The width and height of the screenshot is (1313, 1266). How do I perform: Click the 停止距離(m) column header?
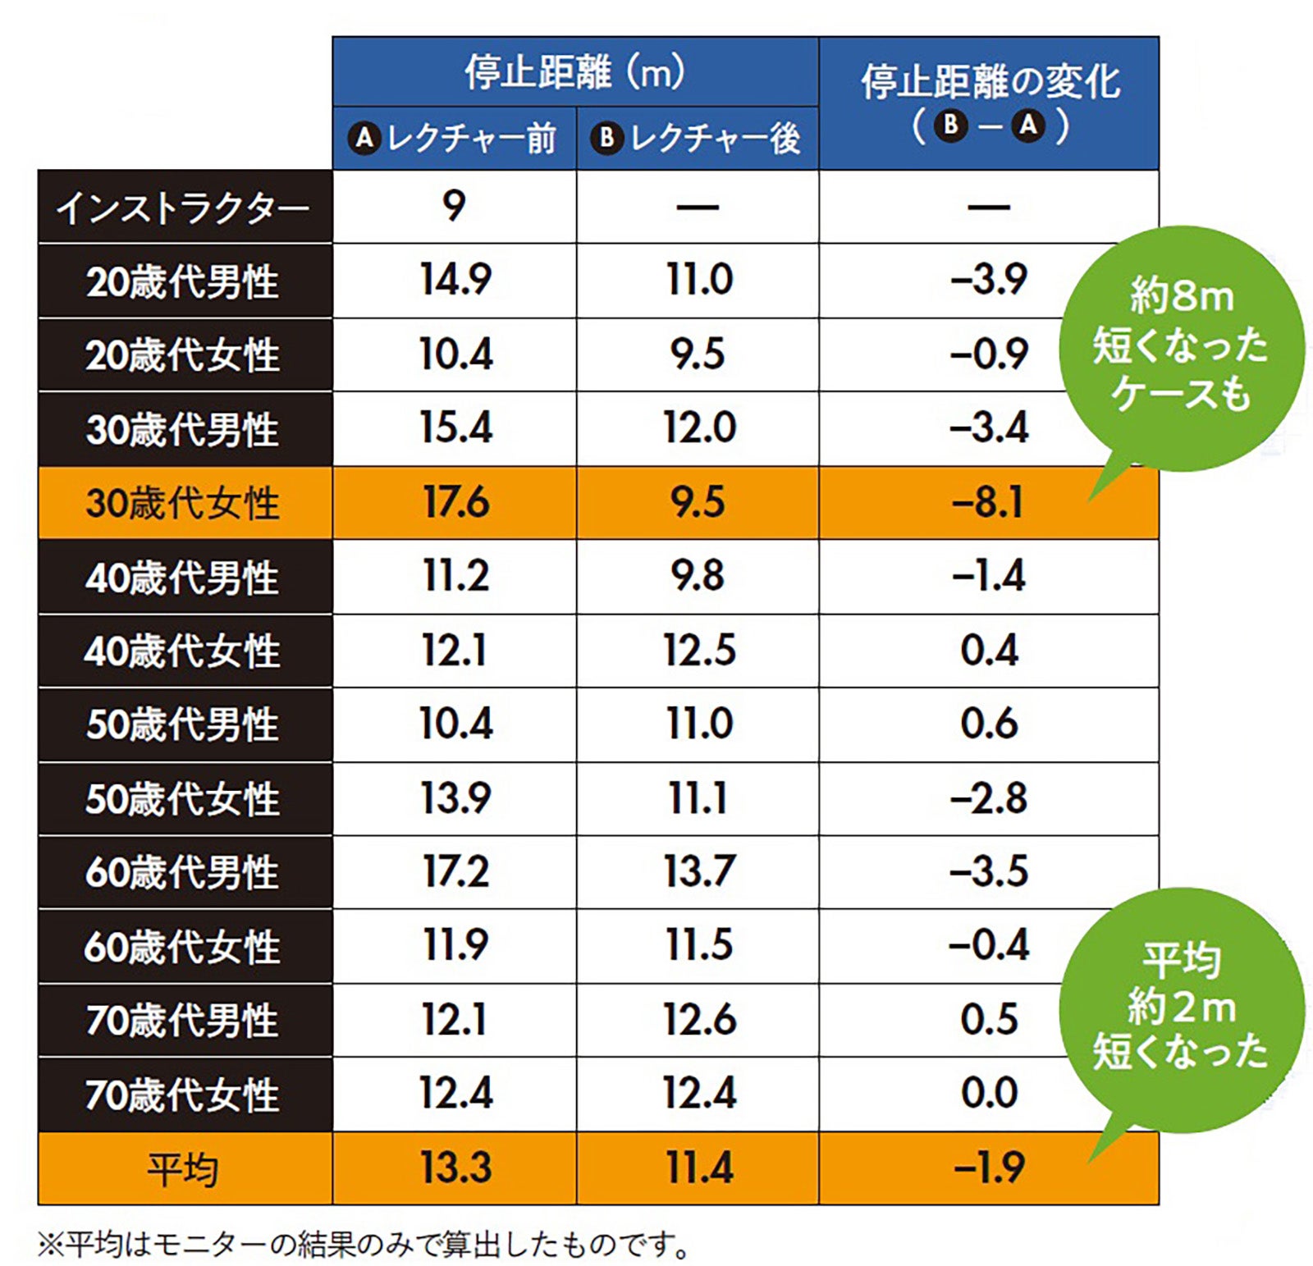point(574,72)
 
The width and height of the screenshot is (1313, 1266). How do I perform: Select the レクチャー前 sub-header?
point(454,138)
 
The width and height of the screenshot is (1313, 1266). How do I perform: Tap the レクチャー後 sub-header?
point(697,138)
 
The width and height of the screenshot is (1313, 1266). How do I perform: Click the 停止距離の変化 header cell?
point(989,103)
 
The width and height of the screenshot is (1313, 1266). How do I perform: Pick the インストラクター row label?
point(185,207)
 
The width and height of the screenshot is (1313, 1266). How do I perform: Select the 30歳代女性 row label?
point(185,502)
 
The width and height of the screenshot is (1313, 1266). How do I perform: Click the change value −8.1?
point(988,502)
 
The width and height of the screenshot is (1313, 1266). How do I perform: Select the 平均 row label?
point(185,1168)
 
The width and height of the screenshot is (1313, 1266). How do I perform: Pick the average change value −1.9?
point(988,1168)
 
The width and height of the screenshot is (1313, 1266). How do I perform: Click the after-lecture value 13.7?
point(698,871)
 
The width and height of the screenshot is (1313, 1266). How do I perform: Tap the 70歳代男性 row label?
point(185,1020)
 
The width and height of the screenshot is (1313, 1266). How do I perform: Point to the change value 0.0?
point(989,1093)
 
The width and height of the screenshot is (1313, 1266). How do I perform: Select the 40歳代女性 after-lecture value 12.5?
point(698,651)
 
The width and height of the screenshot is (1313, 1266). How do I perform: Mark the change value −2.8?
point(988,798)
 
